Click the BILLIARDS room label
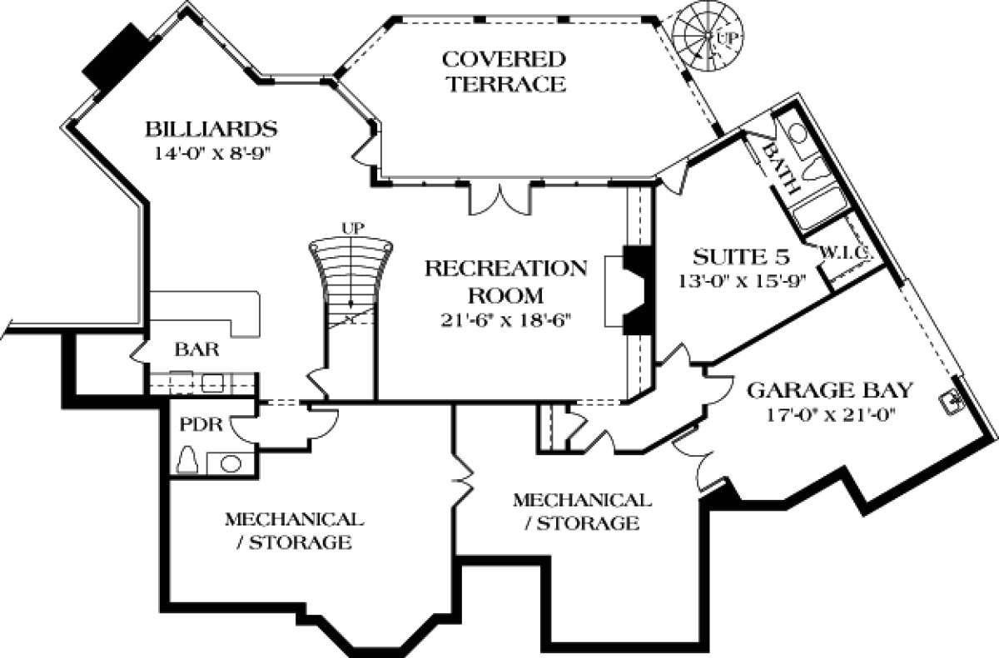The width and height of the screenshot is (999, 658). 210,130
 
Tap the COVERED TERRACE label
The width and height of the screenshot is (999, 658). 504,72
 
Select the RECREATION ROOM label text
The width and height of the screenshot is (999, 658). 505,281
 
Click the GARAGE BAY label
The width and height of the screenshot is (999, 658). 830,390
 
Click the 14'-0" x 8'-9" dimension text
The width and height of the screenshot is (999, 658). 213,153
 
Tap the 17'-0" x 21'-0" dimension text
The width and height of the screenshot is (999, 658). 832,413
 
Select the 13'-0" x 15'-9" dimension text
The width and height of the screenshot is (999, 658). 733,280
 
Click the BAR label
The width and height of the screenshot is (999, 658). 196,349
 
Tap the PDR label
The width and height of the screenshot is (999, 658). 201,424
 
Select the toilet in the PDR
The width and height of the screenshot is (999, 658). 188,460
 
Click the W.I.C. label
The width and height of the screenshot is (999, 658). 846,252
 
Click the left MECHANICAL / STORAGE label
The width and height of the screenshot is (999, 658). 293,531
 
